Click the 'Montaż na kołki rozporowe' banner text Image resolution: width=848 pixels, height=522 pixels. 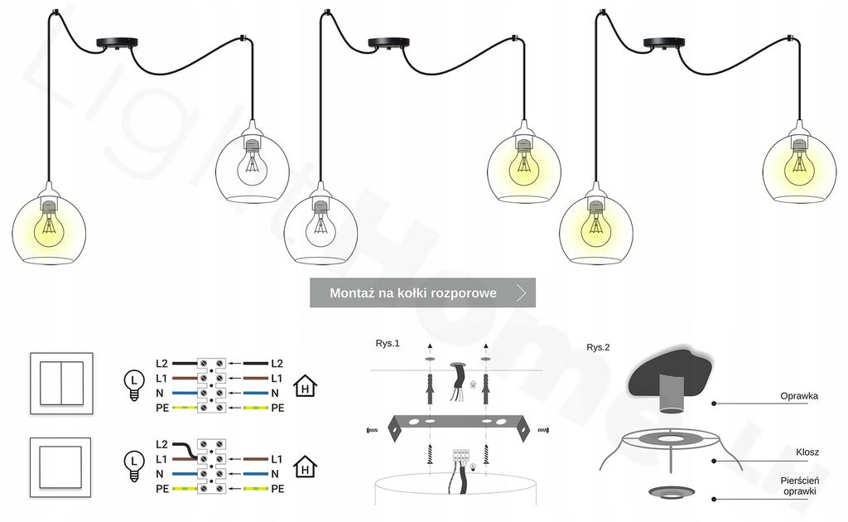click(x=412, y=292)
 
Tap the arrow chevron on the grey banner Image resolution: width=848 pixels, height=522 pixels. click(x=521, y=292)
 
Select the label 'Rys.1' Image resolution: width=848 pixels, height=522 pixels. click(x=388, y=343)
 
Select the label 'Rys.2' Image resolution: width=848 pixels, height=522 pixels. click(x=598, y=347)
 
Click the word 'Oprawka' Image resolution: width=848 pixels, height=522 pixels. click(x=799, y=396)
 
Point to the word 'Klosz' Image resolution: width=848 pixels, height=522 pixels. click(x=807, y=452)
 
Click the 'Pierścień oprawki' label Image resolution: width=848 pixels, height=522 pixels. click(x=799, y=486)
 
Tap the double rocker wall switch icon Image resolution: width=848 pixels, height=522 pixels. click(x=61, y=383)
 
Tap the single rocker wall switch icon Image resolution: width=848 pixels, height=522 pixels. click(x=61, y=470)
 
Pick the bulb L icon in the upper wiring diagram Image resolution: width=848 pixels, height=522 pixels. click(x=132, y=384)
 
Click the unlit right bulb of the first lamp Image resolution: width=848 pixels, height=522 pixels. click(x=253, y=163)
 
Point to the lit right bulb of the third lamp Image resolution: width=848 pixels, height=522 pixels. click(x=798, y=162)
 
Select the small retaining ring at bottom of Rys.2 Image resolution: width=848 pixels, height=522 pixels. click(x=671, y=493)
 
